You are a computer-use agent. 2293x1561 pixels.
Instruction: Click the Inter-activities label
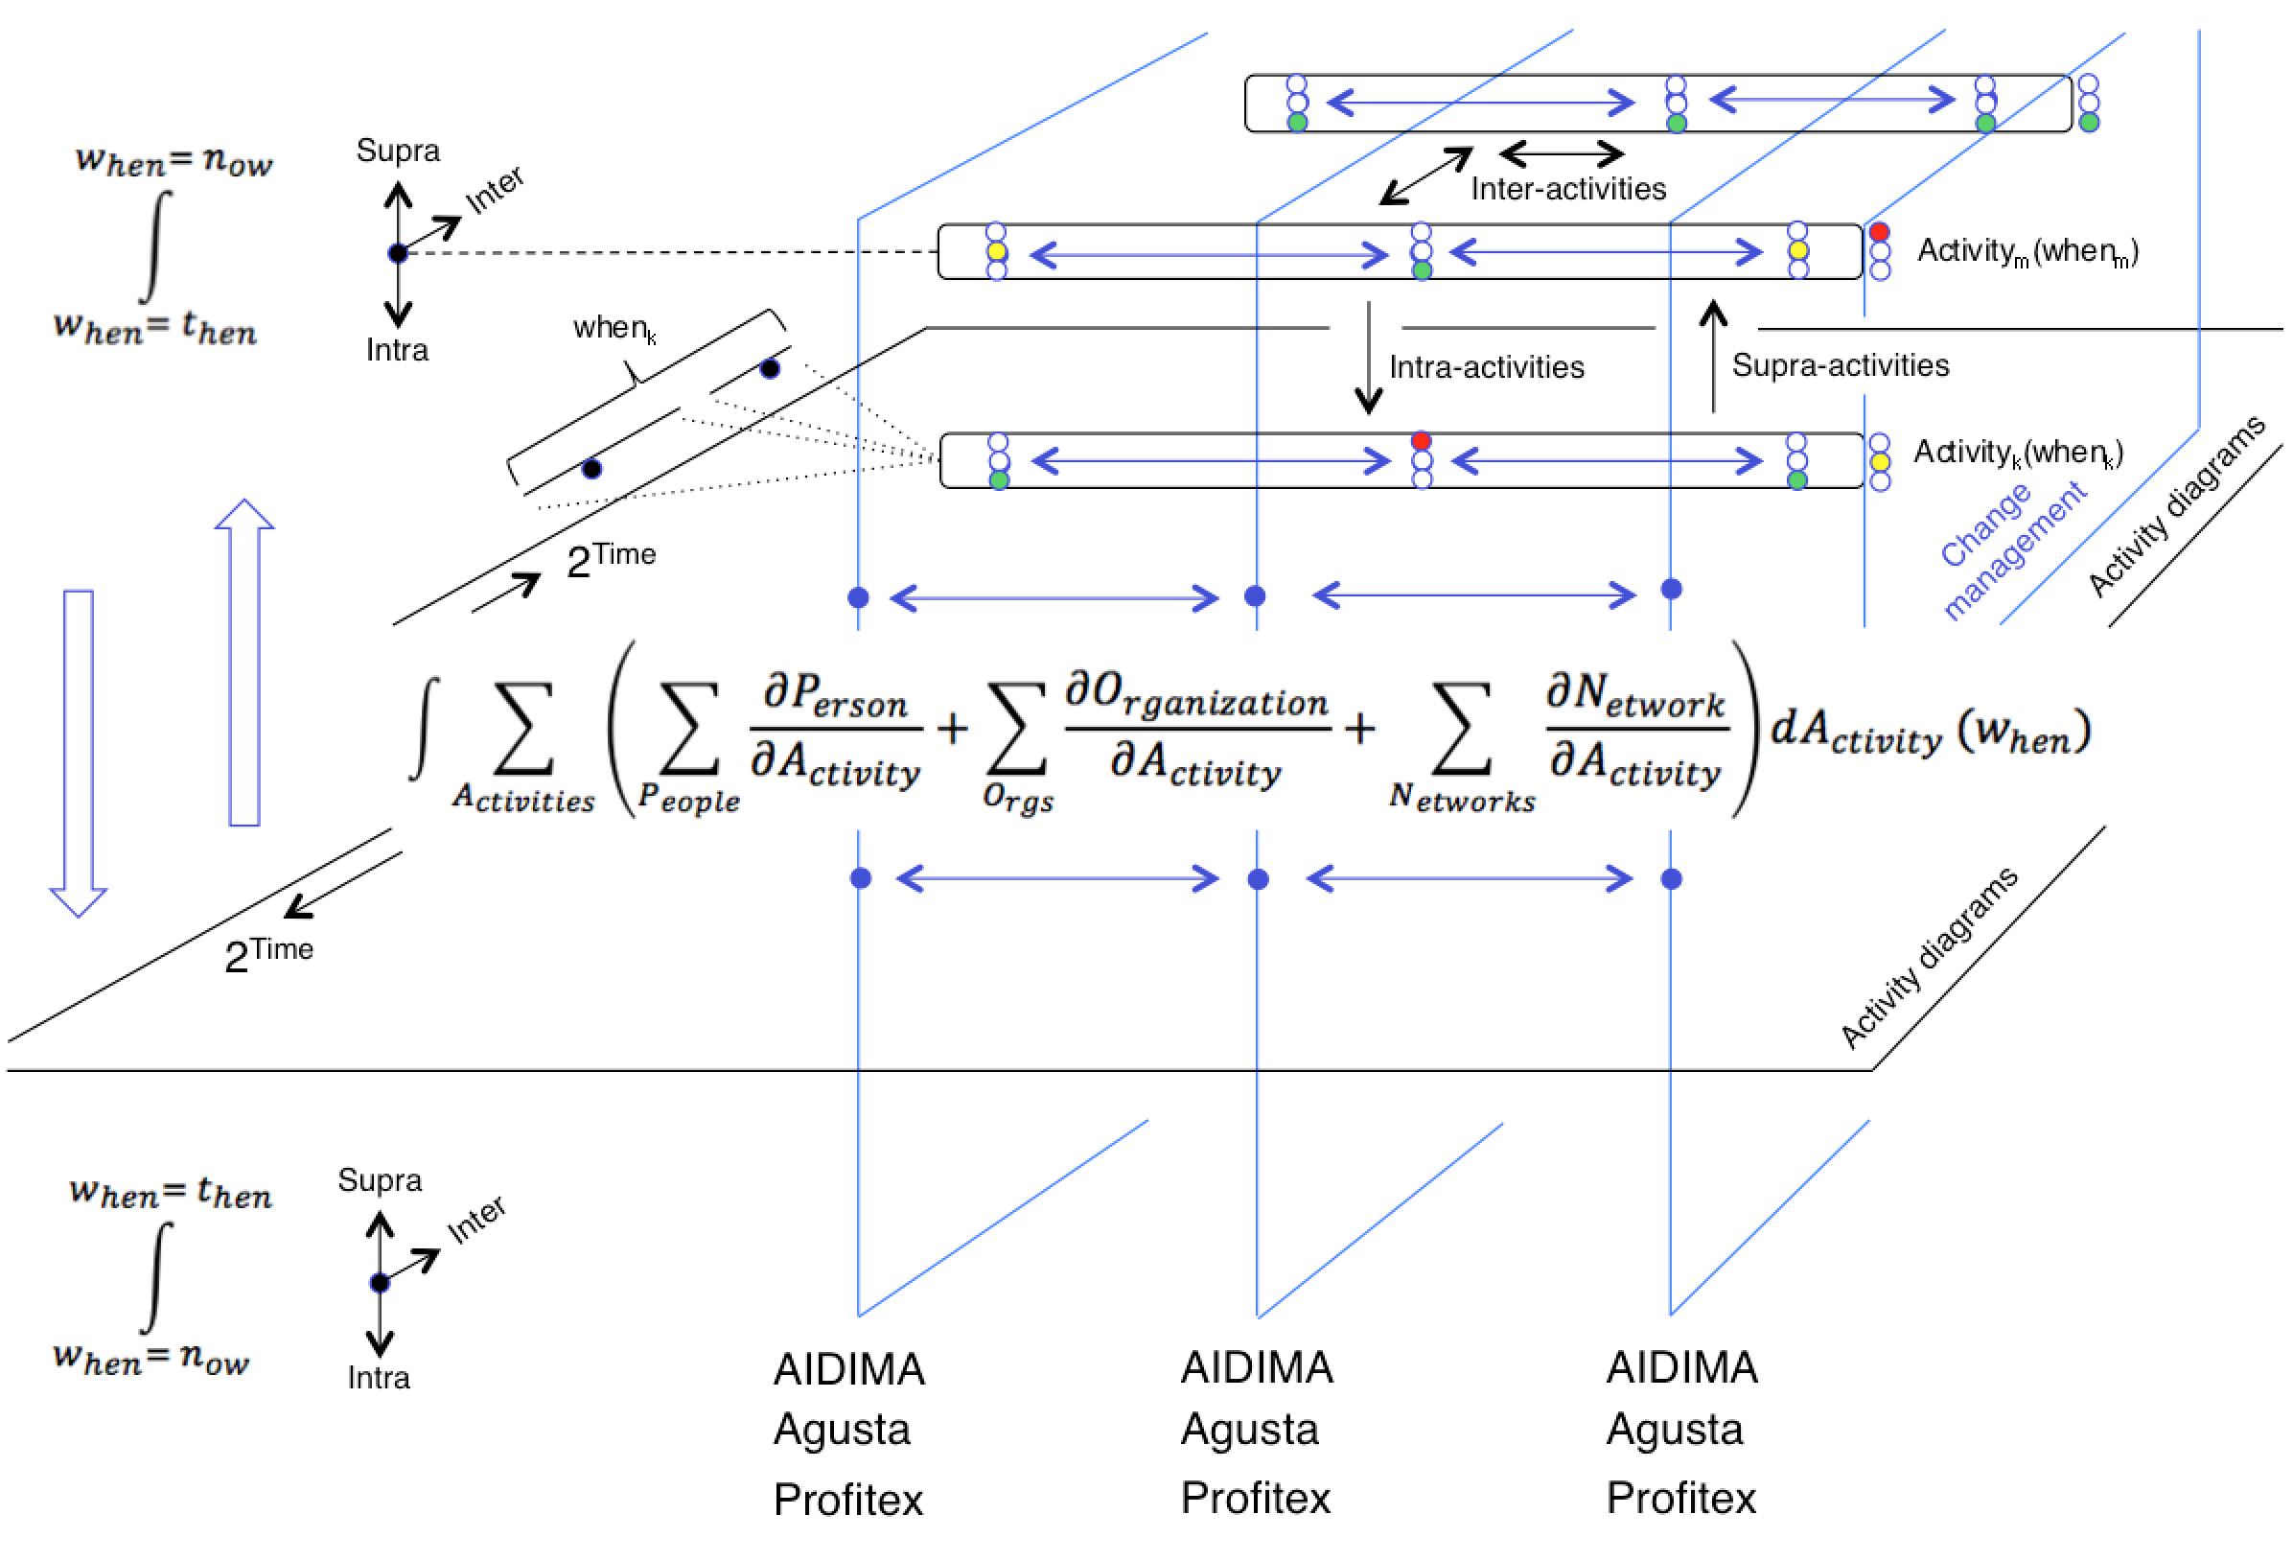point(1566,189)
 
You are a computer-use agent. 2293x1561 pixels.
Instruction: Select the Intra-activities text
point(1486,367)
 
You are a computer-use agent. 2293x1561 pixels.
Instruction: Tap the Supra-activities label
point(1841,365)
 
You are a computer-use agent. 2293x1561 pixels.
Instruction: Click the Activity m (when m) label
point(2027,251)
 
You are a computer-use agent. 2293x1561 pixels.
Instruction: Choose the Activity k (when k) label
point(2017,452)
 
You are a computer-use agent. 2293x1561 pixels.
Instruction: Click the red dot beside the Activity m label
point(1880,232)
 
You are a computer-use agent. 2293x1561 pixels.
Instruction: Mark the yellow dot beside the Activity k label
point(1881,462)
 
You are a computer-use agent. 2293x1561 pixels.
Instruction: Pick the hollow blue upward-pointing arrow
point(244,661)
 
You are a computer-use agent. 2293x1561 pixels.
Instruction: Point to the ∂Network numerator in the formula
point(1636,692)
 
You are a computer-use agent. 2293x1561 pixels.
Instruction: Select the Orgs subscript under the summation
point(1018,797)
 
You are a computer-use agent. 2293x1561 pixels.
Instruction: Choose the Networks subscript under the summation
point(1462,797)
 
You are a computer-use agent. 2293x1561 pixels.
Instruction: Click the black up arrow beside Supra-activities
point(1714,355)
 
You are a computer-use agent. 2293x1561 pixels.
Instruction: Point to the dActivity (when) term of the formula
point(1930,733)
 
